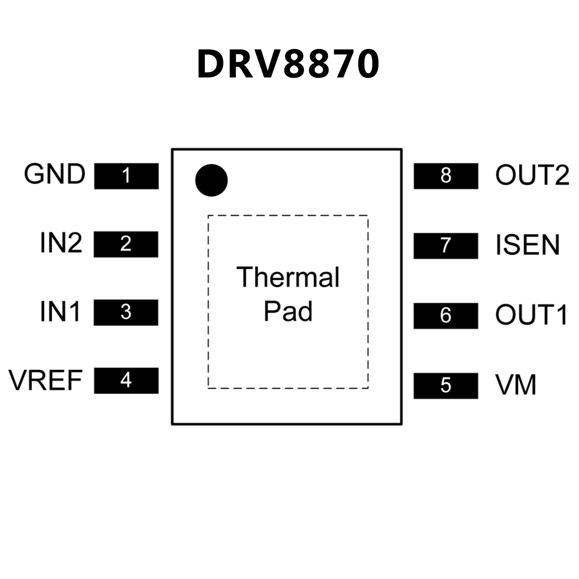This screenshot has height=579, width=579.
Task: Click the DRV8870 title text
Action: (288, 64)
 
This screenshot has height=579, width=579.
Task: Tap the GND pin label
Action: (55, 174)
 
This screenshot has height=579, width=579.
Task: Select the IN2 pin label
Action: (61, 243)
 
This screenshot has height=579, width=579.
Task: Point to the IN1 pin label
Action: (60, 312)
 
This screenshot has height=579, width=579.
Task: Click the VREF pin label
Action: (46, 380)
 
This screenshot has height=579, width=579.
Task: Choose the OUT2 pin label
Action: (532, 175)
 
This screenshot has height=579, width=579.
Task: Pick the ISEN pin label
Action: (527, 245)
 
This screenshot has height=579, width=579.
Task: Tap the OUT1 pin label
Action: (531, 315)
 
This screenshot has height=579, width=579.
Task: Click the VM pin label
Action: (516, 385)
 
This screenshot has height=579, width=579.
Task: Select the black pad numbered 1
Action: (126, 176)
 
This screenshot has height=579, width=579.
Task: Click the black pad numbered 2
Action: (126, 244)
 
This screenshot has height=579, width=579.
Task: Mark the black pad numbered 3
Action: (126, 312)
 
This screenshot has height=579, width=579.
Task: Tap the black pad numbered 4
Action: (126, 380)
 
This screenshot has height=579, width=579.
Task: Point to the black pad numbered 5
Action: (446, 385)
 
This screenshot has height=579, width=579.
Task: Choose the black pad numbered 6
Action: (446, 315)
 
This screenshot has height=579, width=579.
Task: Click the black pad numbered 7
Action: (446, 246)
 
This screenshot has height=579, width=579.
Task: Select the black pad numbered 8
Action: (446, 176)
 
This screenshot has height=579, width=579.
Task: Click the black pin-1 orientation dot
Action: (211, 180)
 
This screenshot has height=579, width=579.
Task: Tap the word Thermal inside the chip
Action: (288, 277)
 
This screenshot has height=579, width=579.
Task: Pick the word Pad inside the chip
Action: (288, 312)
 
